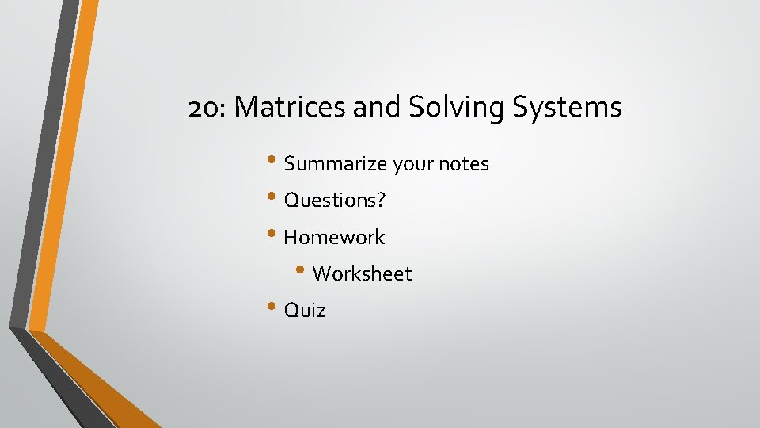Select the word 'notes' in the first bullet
465,164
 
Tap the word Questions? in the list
334,201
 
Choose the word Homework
334,237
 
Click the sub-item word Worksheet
362,273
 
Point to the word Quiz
305,310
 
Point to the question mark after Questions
381,201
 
